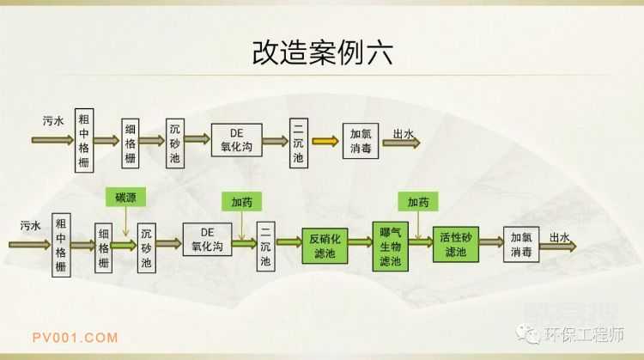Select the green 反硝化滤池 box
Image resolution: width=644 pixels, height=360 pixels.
pyautogui.click(x=325, y=245)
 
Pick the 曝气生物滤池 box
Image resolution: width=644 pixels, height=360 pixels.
pyautogui.click(x=390, y=244)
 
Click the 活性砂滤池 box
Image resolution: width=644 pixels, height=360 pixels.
pyautogui.click(x=455, y=245)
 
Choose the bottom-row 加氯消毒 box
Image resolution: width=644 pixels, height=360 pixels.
pyautogui.click(x=521, y=245)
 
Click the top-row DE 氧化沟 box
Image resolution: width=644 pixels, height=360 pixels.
pyautogui.click(x=237, y=140)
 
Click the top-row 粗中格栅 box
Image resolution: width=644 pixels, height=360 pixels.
pyautogui.click(x=83, y=139)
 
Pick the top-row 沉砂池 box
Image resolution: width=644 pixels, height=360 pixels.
pyautogui.click(x=174, y=140)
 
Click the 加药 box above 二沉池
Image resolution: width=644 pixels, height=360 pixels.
pyautogui.click(x=242, y=202)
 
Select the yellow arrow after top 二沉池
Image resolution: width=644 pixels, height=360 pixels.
pyautogui.click(x=325, y=140)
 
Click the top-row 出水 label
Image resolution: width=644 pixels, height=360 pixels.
pyautogui.click(x=403, y=133)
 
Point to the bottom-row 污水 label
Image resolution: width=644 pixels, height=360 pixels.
pyautogui.click(x=31, y=226)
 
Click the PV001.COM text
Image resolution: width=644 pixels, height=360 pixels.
pyautogui.click(x=75, y=337)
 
